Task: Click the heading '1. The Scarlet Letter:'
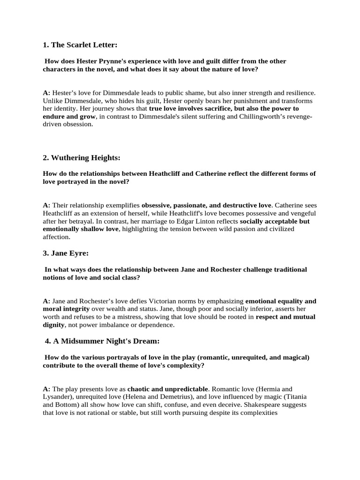pos(80,45)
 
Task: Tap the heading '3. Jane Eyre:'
pos(66,253)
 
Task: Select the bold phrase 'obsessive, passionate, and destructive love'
pos(206,205)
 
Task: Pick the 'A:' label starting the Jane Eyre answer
pos(46,301)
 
